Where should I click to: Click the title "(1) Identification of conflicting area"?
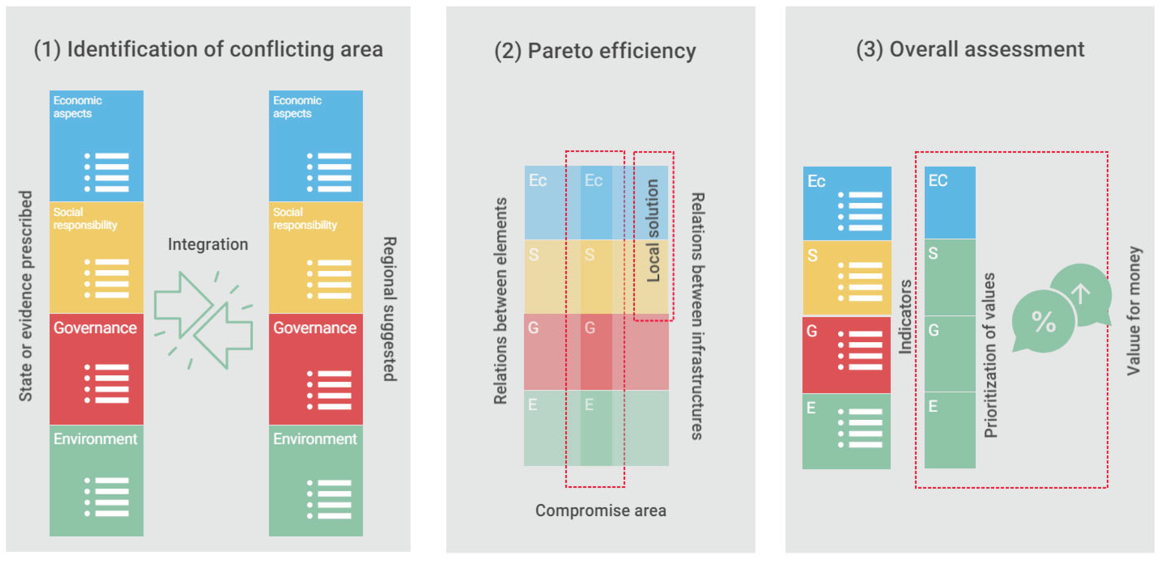pyautogui.click(x=208, y=49)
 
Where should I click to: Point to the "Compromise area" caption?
pyautogui.click(x=600, y=511)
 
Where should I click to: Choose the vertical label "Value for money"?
pyautogui.click(x=1134, y=311)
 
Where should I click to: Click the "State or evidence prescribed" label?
pyautogui.click(x=26, y=296)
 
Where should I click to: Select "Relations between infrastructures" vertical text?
pyautogui.click(x=697, y=316)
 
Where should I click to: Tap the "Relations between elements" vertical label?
pyautogui.click(x=500, y=301)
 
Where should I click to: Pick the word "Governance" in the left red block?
pyautogui.click(x=95, y=328)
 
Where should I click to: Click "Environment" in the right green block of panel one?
pyautogui.click(x=315, y=439)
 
